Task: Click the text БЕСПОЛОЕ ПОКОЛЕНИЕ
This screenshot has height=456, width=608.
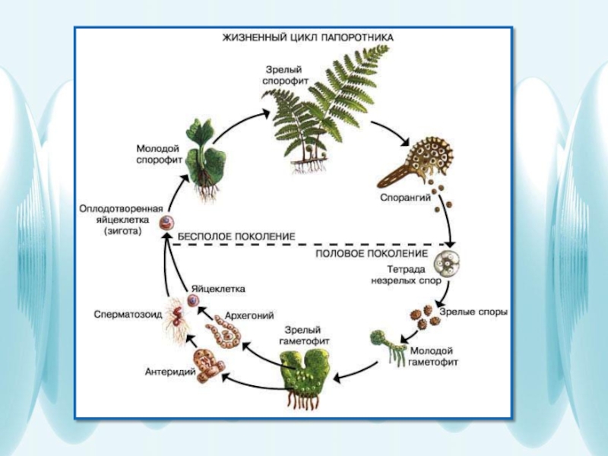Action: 236,237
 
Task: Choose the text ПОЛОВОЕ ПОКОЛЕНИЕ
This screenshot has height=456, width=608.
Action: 372,253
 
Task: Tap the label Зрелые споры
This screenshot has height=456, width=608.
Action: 473,312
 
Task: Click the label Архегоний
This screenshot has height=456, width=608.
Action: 249,315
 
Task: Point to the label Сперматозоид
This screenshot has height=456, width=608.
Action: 128,313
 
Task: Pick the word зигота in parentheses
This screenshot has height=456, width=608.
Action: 122,233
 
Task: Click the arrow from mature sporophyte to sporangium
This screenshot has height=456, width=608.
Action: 395,131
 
